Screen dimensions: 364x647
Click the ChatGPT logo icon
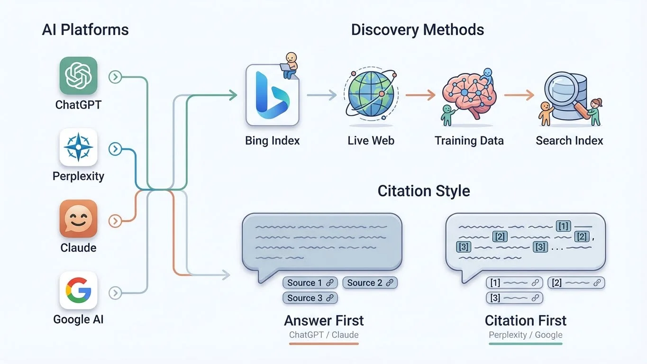(78, 76)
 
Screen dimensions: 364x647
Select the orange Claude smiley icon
(78, 218)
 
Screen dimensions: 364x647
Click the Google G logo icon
(78, 290)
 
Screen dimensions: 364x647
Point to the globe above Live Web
(371, 95)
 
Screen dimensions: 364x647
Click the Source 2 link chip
(370, 283)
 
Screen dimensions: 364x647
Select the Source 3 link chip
(310, 298)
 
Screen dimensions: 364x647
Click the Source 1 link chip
(310, 283)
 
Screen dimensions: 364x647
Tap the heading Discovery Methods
(417, 30)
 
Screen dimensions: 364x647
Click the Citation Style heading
(424, 191)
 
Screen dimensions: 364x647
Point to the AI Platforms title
(85, 30)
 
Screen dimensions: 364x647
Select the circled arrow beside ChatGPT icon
(115, 77)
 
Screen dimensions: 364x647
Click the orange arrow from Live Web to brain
(420, 95)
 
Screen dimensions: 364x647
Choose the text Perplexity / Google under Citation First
(525, 335)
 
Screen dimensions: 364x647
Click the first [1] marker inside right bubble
(563, 226)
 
